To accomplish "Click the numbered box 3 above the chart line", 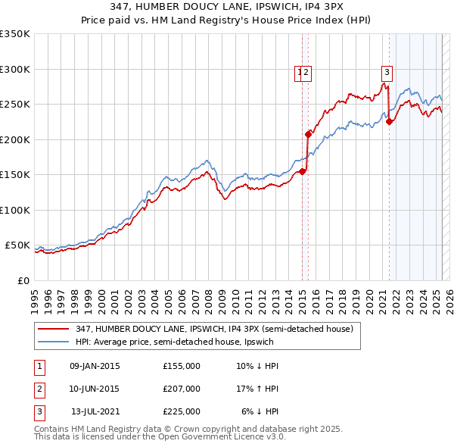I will click(387, 73).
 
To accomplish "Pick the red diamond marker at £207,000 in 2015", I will click(309, 135).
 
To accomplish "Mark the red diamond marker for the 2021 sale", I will click(390, 122).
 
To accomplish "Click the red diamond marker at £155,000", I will click(303, 171).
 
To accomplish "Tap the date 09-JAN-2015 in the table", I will click(95, 366).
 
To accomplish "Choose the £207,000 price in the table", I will click(182, 389).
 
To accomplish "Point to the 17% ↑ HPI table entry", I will click(257, 389).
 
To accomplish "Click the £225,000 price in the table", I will click(182, 411).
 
